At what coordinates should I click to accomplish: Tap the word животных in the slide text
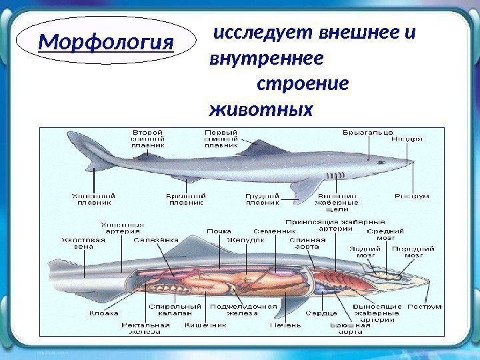pyautogui.click(x=261, y=107)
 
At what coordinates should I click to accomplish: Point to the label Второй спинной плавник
pyautogui.click(x=149, y=138)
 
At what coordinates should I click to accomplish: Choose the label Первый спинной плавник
pyautogui.click(x=221, y=138)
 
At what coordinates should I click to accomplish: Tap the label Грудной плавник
pyautogui.click(x=262, y=199)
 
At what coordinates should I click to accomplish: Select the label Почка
pyautogui.click(x=219, y=231)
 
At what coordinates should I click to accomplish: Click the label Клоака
pyautogui.click(x=105, y=312)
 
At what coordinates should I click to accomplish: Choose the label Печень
pyautogui.click(x=285, y=325)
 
